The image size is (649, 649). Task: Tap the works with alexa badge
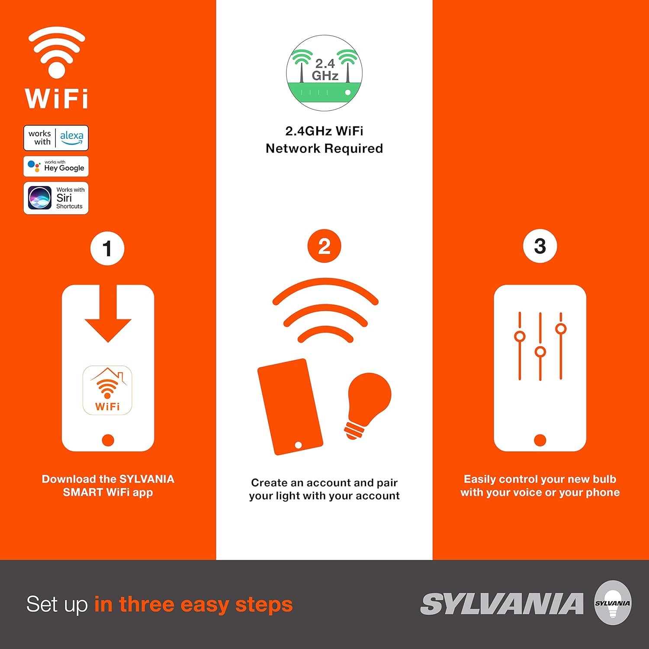tap(56, 138)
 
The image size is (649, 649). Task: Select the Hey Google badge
tap(56, 167)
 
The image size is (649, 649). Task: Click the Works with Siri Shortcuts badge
tap(56, 198)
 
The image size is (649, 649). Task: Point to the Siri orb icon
tap(40, 198)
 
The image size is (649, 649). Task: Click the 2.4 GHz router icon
tap(324, 73)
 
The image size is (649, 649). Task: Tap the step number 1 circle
tap(107, 249)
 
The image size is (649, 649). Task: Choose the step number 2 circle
tap(324, 246)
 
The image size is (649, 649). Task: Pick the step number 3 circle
tap(540, 246)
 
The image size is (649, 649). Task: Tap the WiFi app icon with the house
tap(107, 390)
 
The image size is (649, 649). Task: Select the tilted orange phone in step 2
tap(290, 407)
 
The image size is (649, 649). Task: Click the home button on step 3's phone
tap(540, 440)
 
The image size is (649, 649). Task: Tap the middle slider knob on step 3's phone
tap(540, 352)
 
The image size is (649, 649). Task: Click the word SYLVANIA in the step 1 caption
tap(147, 479)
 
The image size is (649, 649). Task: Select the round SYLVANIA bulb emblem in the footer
tap(613, 603)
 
